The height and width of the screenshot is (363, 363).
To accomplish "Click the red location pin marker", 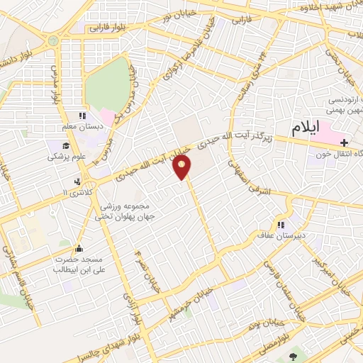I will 183,168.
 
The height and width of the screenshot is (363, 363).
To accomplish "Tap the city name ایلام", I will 306,128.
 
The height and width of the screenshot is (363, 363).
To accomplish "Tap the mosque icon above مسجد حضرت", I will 79,249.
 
